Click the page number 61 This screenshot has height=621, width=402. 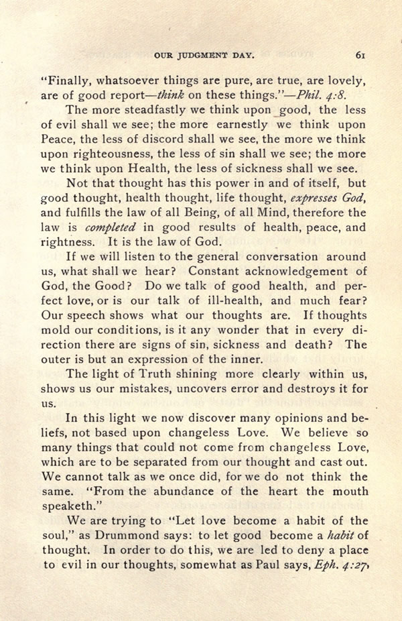(360, 56)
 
